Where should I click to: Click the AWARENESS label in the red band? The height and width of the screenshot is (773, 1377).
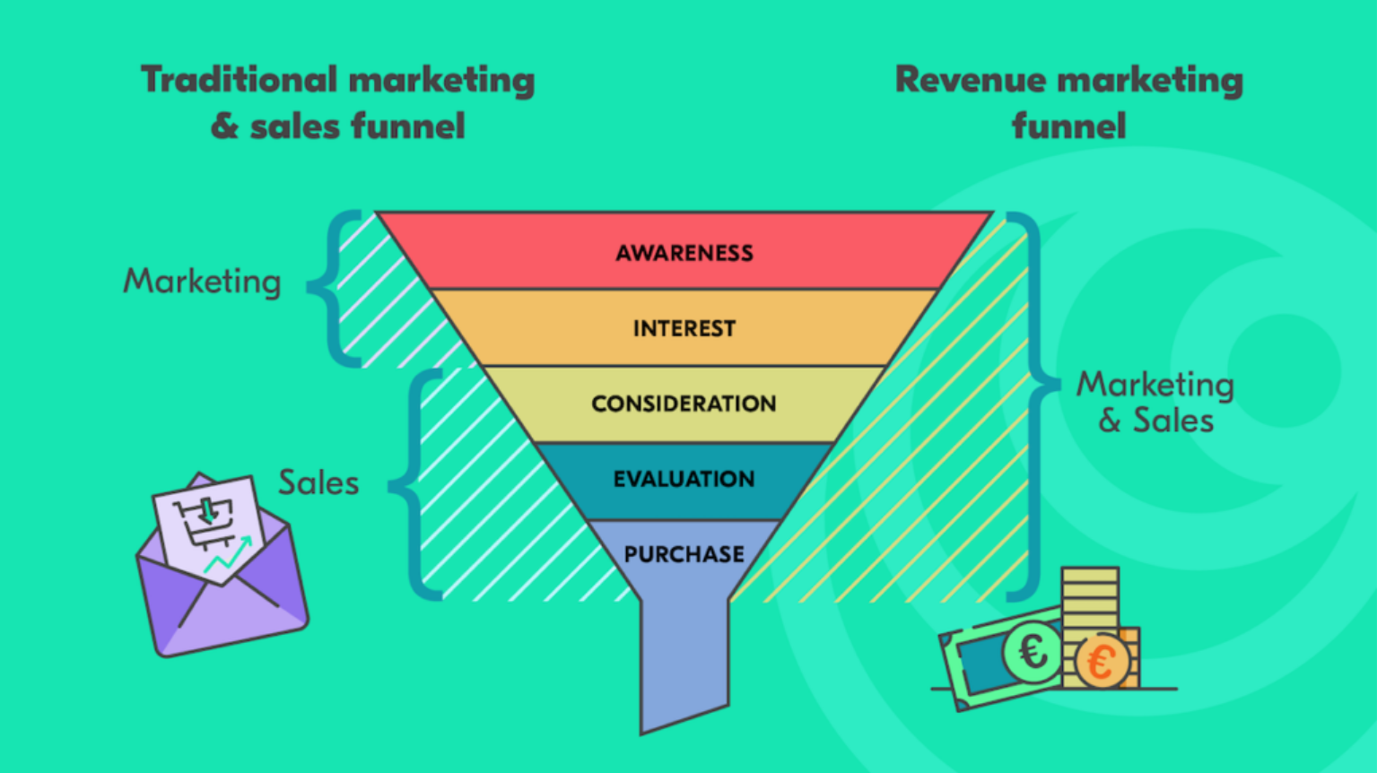pyautogui.click(x=684, y=253)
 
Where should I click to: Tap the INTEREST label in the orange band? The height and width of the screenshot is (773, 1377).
pyautogui.click(x=684, y=328)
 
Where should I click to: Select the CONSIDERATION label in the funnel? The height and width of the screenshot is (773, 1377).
pyautogui.click(x=684, y=404)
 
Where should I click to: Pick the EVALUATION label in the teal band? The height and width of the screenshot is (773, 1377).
pyautogui.click(x=684, y=479)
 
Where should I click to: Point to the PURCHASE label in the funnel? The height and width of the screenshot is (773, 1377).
pyautogui.click(x=684, y=554)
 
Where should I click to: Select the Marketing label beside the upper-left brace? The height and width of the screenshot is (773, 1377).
pyautogui.click(x=202, y=282)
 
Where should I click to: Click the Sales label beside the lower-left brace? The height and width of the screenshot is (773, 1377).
pyautogui.click(x=318, y=482)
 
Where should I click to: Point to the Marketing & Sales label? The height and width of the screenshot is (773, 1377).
pyautogui.click(x=1155, y=402)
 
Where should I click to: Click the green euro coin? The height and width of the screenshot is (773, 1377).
pyautogui.click(x=1033, y=652)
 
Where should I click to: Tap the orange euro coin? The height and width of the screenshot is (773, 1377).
pyautogui.click(x=1101, y=663)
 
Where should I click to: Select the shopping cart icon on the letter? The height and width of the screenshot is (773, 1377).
pyautogui.click(x=205, y=520)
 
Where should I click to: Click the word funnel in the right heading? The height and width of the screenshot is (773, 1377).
pyautogui.click(x=1068, y=126)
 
